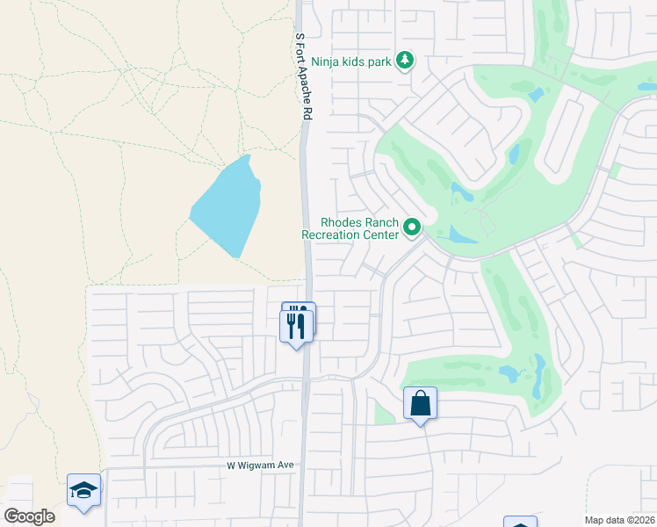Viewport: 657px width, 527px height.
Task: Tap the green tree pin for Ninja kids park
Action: [x=405, y=61]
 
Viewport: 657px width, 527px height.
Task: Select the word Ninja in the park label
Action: [x=326, y=62]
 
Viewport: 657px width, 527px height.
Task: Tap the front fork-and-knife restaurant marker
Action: [x=295, y=327]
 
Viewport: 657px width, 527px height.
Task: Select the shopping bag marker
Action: [x=420, y=404]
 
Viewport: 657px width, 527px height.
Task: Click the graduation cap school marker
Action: [x=83, y=490]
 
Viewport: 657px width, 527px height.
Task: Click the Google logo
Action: [x=30, y=516]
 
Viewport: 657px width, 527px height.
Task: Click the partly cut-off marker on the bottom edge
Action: [x=520, y=523]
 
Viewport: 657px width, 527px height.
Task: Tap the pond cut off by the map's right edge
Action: [x=648, y=86]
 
